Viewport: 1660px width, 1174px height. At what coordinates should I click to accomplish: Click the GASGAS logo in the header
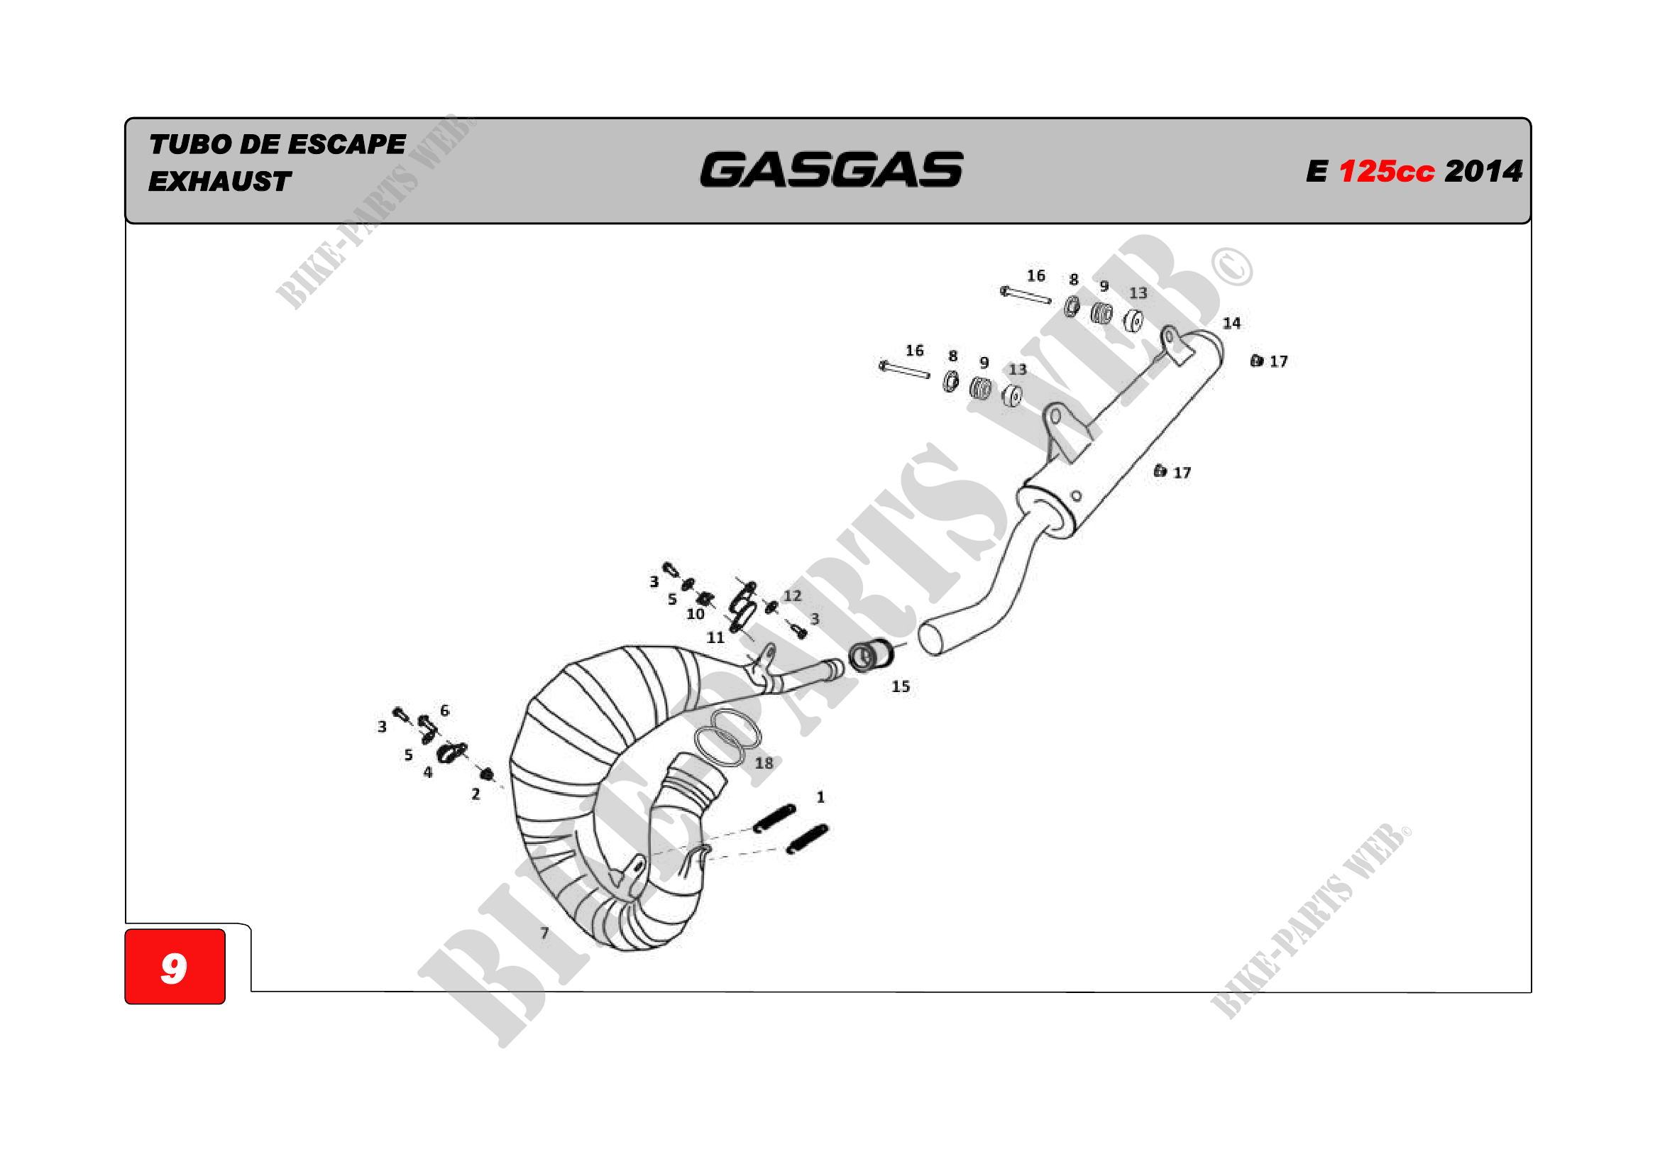pyautogui.click(x=831, y=170)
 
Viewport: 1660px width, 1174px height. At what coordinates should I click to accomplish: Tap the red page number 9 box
pyautogui.click(x=175, y=967)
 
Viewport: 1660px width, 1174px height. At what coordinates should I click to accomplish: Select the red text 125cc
pyautogui.click(x=1386, y=172)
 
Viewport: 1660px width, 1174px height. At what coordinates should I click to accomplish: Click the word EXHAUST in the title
pyautogui.click(x=220, y=182)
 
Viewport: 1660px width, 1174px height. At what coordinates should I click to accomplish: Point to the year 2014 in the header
pyautogui.click(x=1483, y=172)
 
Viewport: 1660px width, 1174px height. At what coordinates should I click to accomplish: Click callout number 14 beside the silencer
pyautogui.click(x=1231, y=323)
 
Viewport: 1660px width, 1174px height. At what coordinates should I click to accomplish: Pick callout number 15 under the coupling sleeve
pyautogui.click(x=900, y=686)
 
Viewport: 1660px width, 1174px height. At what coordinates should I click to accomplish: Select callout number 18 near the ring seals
pyautogui.click(x=764, y=762)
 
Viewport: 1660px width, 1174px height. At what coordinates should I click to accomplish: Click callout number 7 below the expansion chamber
pyautogui.click(x=544, y=933)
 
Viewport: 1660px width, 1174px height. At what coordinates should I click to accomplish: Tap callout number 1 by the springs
pyautogui.click(x=820, y=796)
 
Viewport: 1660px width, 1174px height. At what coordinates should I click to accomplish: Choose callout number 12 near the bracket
pyautogui.click(x=793, y=596)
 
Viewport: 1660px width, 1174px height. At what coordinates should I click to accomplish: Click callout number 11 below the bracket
pyautogui.click(x=715, y=637)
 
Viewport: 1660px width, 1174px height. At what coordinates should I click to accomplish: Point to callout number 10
pyautogui.click(x=695, y=614)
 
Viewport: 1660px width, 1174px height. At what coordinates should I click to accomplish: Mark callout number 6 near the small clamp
pyautogui.click(x=445, y=711)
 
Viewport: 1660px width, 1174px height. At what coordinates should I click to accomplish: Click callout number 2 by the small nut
pyautogui.click(x=476, y=794)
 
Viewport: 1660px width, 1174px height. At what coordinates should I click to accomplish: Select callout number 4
pyautogui.click(x=428, y=772)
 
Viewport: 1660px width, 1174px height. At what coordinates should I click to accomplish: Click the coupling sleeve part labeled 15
pyautogui.click(x=872, y=655)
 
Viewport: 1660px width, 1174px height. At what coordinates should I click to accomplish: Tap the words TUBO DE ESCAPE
pyautogui.click(x=277, y=144)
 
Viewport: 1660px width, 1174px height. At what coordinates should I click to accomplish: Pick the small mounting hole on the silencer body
pyautogui.click(x=1076, y=496)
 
